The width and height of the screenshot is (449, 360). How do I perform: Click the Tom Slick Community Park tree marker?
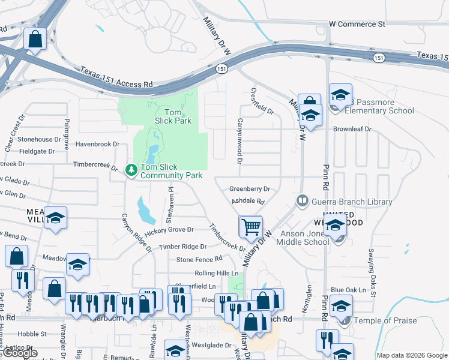click(x=131, y=170)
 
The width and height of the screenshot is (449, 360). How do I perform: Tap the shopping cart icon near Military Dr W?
click(x=250, y=227)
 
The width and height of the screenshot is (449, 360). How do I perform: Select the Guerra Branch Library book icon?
click(x=303, y=200)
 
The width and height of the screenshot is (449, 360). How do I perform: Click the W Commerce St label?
click(x=357, y=25)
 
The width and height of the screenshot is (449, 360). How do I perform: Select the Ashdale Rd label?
click(x=248, y=202)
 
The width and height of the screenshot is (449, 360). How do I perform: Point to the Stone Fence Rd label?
click(x=199, y=259)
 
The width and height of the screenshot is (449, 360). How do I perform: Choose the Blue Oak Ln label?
click(x=348, y=290)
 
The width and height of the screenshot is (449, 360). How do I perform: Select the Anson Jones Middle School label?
click(x=303, y=238)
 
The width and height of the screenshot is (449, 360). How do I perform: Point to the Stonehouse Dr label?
click(x=40, y=139)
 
